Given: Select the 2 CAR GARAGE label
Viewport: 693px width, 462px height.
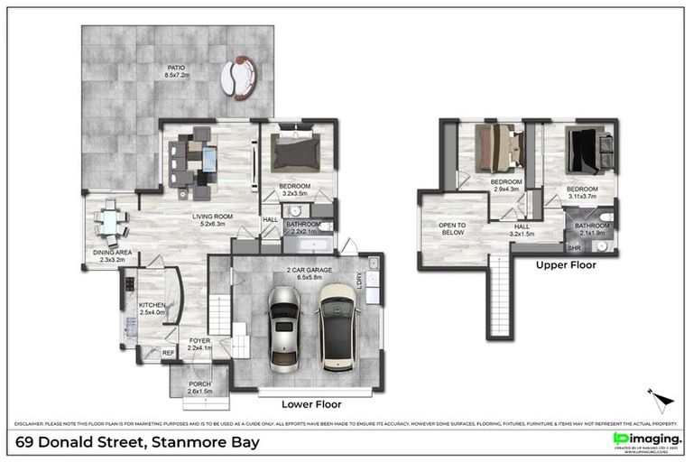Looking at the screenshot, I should [303, 272].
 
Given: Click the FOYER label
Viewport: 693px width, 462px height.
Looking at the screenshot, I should [199, 343].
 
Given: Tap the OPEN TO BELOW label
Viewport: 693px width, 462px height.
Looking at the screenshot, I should [451, 228].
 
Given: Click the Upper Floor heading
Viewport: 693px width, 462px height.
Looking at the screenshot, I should [565, 265].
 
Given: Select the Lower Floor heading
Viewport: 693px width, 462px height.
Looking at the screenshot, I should [310, 405].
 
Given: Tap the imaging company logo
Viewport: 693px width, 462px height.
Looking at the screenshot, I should [645, 439].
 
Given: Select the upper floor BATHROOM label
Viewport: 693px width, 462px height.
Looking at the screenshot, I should [593, 228].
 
